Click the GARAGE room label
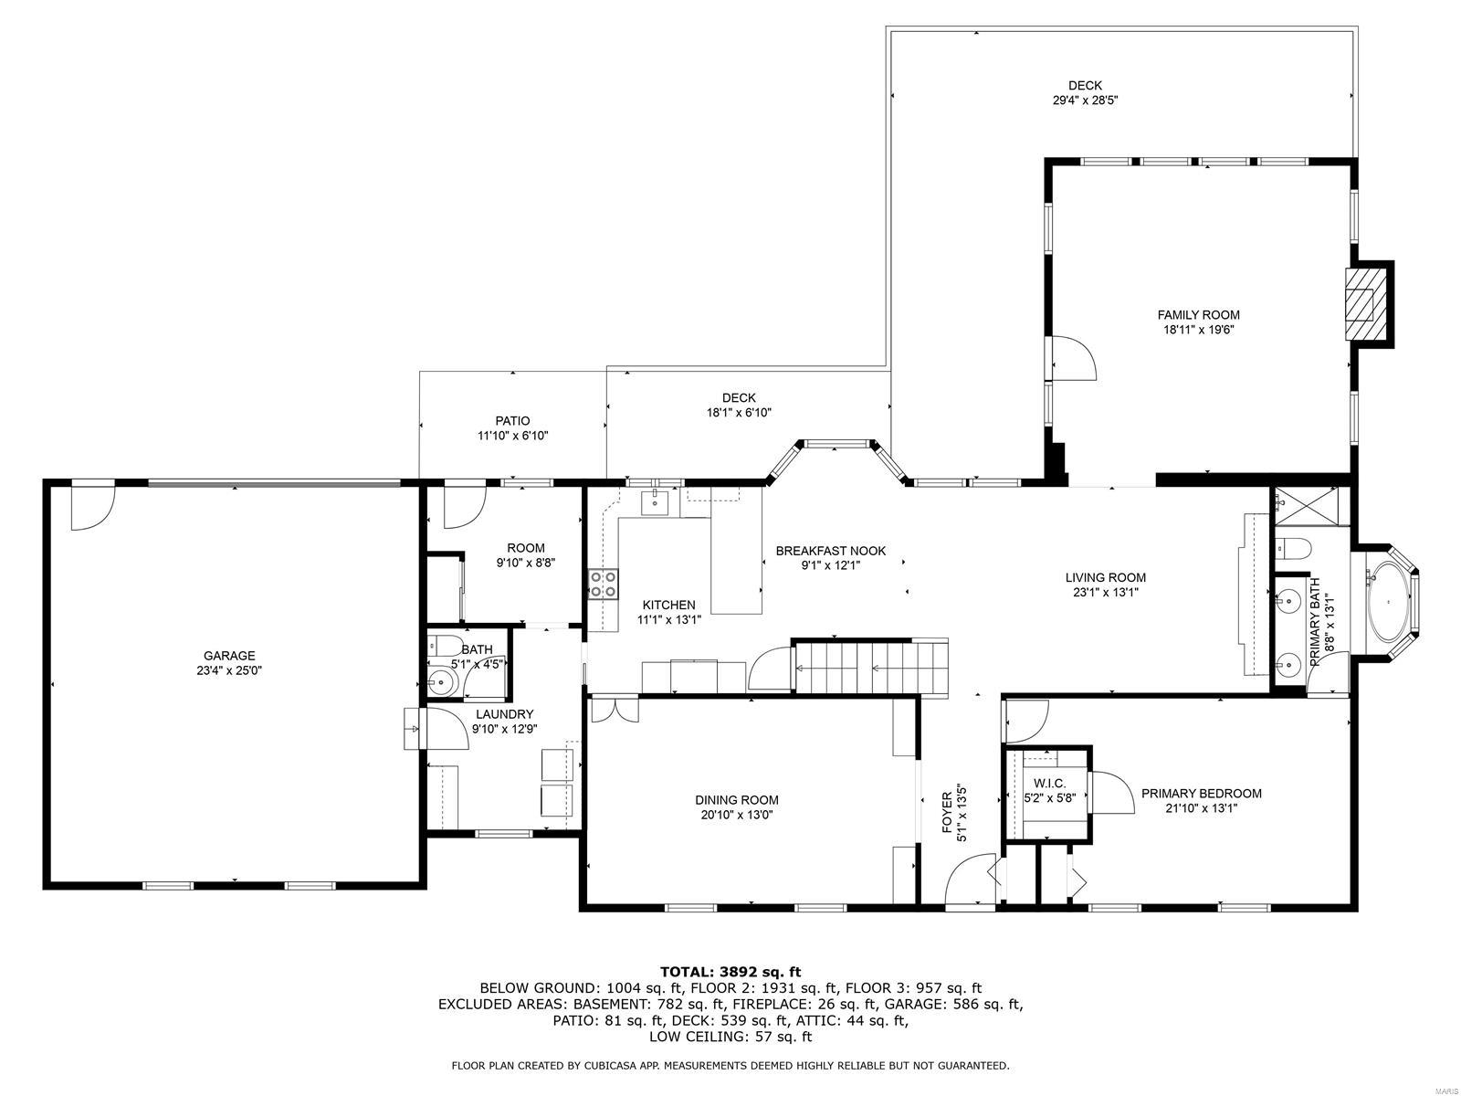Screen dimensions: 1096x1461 [x=229, y=656]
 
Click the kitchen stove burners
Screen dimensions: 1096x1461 [x=601, y=584]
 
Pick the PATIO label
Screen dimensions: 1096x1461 [x=512, y=421]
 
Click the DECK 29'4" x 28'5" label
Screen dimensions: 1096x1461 [x=1085, y=86]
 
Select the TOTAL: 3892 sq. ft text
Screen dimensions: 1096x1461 [x=730, y=972]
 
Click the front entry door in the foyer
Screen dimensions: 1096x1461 [x=970, y=881]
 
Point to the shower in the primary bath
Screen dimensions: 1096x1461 [x=1310, y=507]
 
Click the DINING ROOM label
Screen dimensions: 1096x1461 [x=736, y=800]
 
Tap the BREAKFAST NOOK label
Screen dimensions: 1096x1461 [x=830, y=551]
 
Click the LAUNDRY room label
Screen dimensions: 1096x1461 [x=502, y=714]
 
